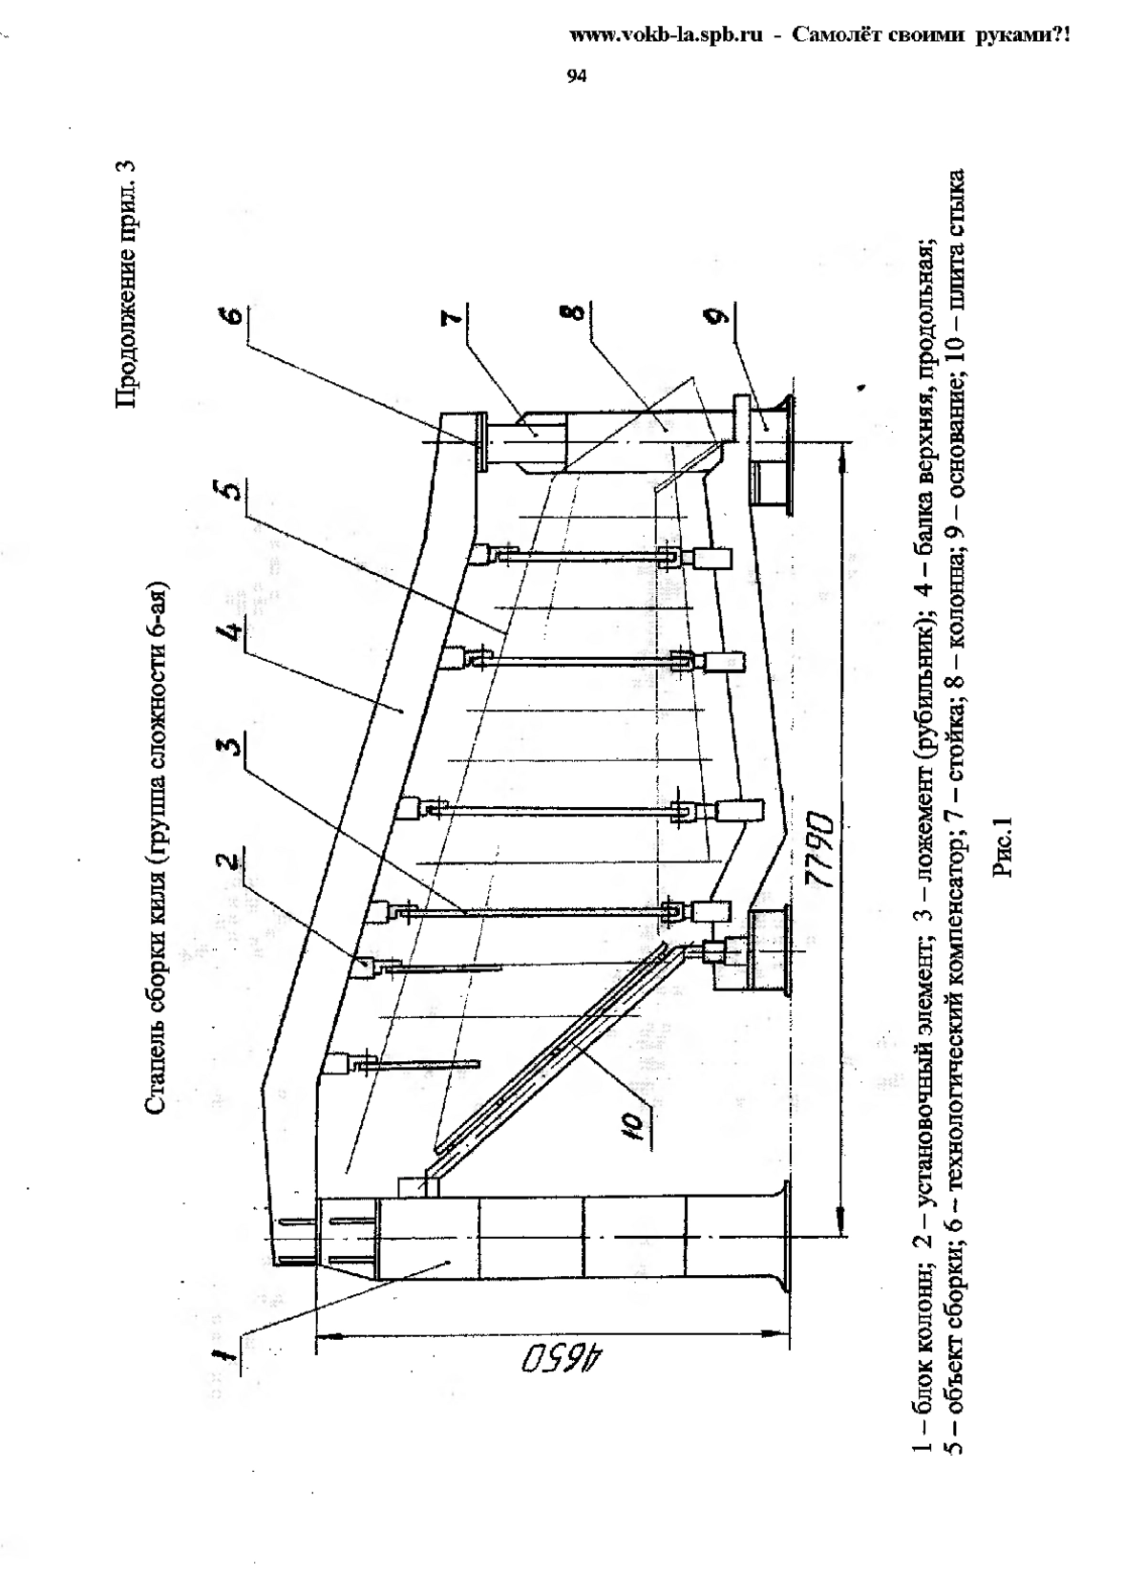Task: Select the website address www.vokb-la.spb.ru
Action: pyautogui.click(x=666, y=35)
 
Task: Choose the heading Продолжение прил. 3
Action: pyautogui.click(x=125, y=286)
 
